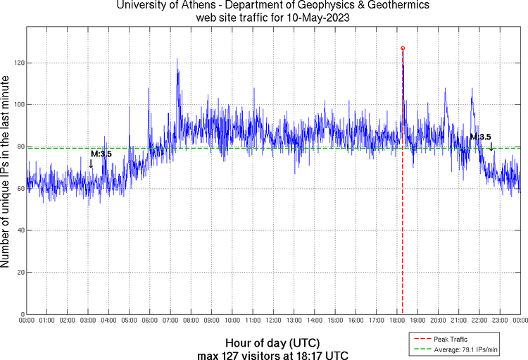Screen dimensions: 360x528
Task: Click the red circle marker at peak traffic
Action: coord(403,48)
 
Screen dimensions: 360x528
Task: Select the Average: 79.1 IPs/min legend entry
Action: coord(461,348)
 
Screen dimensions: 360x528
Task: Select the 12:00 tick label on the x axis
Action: coord(273,321)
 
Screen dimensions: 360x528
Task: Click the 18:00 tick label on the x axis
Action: coord(396,321)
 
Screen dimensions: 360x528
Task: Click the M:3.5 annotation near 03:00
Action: coord(101,154)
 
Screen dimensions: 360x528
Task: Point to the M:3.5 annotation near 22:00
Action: coord(480,137)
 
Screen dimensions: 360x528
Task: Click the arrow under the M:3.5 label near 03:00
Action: coord(90,164)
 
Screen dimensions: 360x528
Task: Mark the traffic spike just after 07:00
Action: coord(177,61)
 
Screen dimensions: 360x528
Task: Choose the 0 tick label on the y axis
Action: coord(21,314)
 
